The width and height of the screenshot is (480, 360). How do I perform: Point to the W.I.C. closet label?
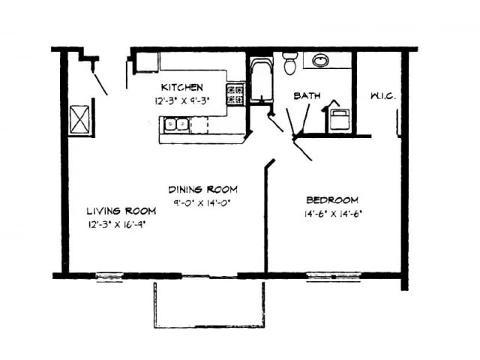pos(382,96)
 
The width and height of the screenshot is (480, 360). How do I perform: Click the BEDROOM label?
pos(332,200)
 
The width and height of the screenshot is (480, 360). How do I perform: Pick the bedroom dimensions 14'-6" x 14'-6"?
pos(332,213)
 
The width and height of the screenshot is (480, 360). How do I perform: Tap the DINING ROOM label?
pos(202,189)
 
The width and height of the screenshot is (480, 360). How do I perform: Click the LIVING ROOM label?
pos(121,210)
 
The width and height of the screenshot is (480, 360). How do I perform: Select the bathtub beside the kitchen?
pos(260,79)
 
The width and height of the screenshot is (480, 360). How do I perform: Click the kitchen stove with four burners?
pos(235,94)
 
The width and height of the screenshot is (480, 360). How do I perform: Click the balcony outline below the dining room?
pos(209,304)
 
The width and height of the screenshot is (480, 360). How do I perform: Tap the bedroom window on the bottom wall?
pos(334,276)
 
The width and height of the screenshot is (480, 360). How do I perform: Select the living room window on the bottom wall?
pos(110,276)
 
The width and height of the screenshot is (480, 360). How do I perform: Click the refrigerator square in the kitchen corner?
pos(146,61)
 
